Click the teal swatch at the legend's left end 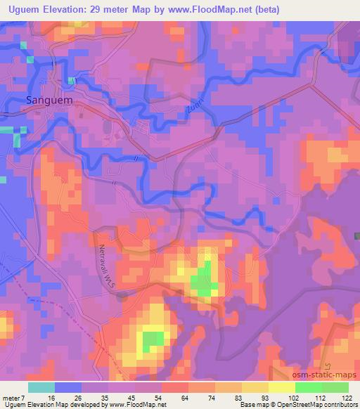click(x=41, y=387)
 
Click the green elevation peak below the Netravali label click(x=152, y=342)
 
